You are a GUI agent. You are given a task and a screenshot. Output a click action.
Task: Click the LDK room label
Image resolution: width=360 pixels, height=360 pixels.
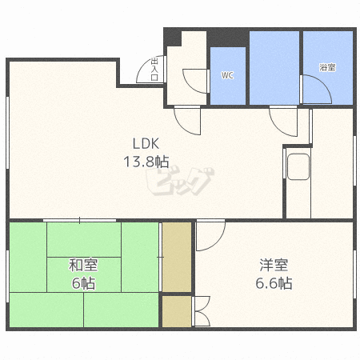146,144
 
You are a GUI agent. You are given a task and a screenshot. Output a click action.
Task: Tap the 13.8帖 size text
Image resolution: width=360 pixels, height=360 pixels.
146,162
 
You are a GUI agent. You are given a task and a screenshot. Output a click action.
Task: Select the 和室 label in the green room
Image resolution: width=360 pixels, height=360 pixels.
83,265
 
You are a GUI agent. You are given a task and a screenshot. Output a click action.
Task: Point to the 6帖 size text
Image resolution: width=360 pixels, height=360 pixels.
83,283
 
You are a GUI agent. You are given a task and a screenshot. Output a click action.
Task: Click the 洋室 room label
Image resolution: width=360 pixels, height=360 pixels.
274,265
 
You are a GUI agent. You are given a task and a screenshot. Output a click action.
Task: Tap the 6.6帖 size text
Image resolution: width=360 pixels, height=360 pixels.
274,283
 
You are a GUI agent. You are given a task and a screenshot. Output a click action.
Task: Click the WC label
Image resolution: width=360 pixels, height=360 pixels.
227,75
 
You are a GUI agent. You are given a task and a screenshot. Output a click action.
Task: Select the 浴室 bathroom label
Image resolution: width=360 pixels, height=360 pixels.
327,67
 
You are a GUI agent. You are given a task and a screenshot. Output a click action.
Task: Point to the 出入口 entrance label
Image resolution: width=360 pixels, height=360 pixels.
154,69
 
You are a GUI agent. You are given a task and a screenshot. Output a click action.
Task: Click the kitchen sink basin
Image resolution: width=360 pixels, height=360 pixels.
298,166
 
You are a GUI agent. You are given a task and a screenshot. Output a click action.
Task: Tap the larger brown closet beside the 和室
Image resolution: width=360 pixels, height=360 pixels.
177,257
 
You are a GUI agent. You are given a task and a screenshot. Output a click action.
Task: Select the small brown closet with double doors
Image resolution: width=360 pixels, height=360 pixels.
177,311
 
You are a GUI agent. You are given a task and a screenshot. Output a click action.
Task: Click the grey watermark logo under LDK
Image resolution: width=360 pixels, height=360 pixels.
180,182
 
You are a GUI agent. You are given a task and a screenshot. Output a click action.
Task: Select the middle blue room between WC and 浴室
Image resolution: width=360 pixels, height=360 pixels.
274,68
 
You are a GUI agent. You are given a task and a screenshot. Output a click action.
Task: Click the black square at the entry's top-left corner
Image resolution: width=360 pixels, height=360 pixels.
173,38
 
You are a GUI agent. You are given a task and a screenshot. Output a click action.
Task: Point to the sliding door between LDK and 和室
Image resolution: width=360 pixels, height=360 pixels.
79,220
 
